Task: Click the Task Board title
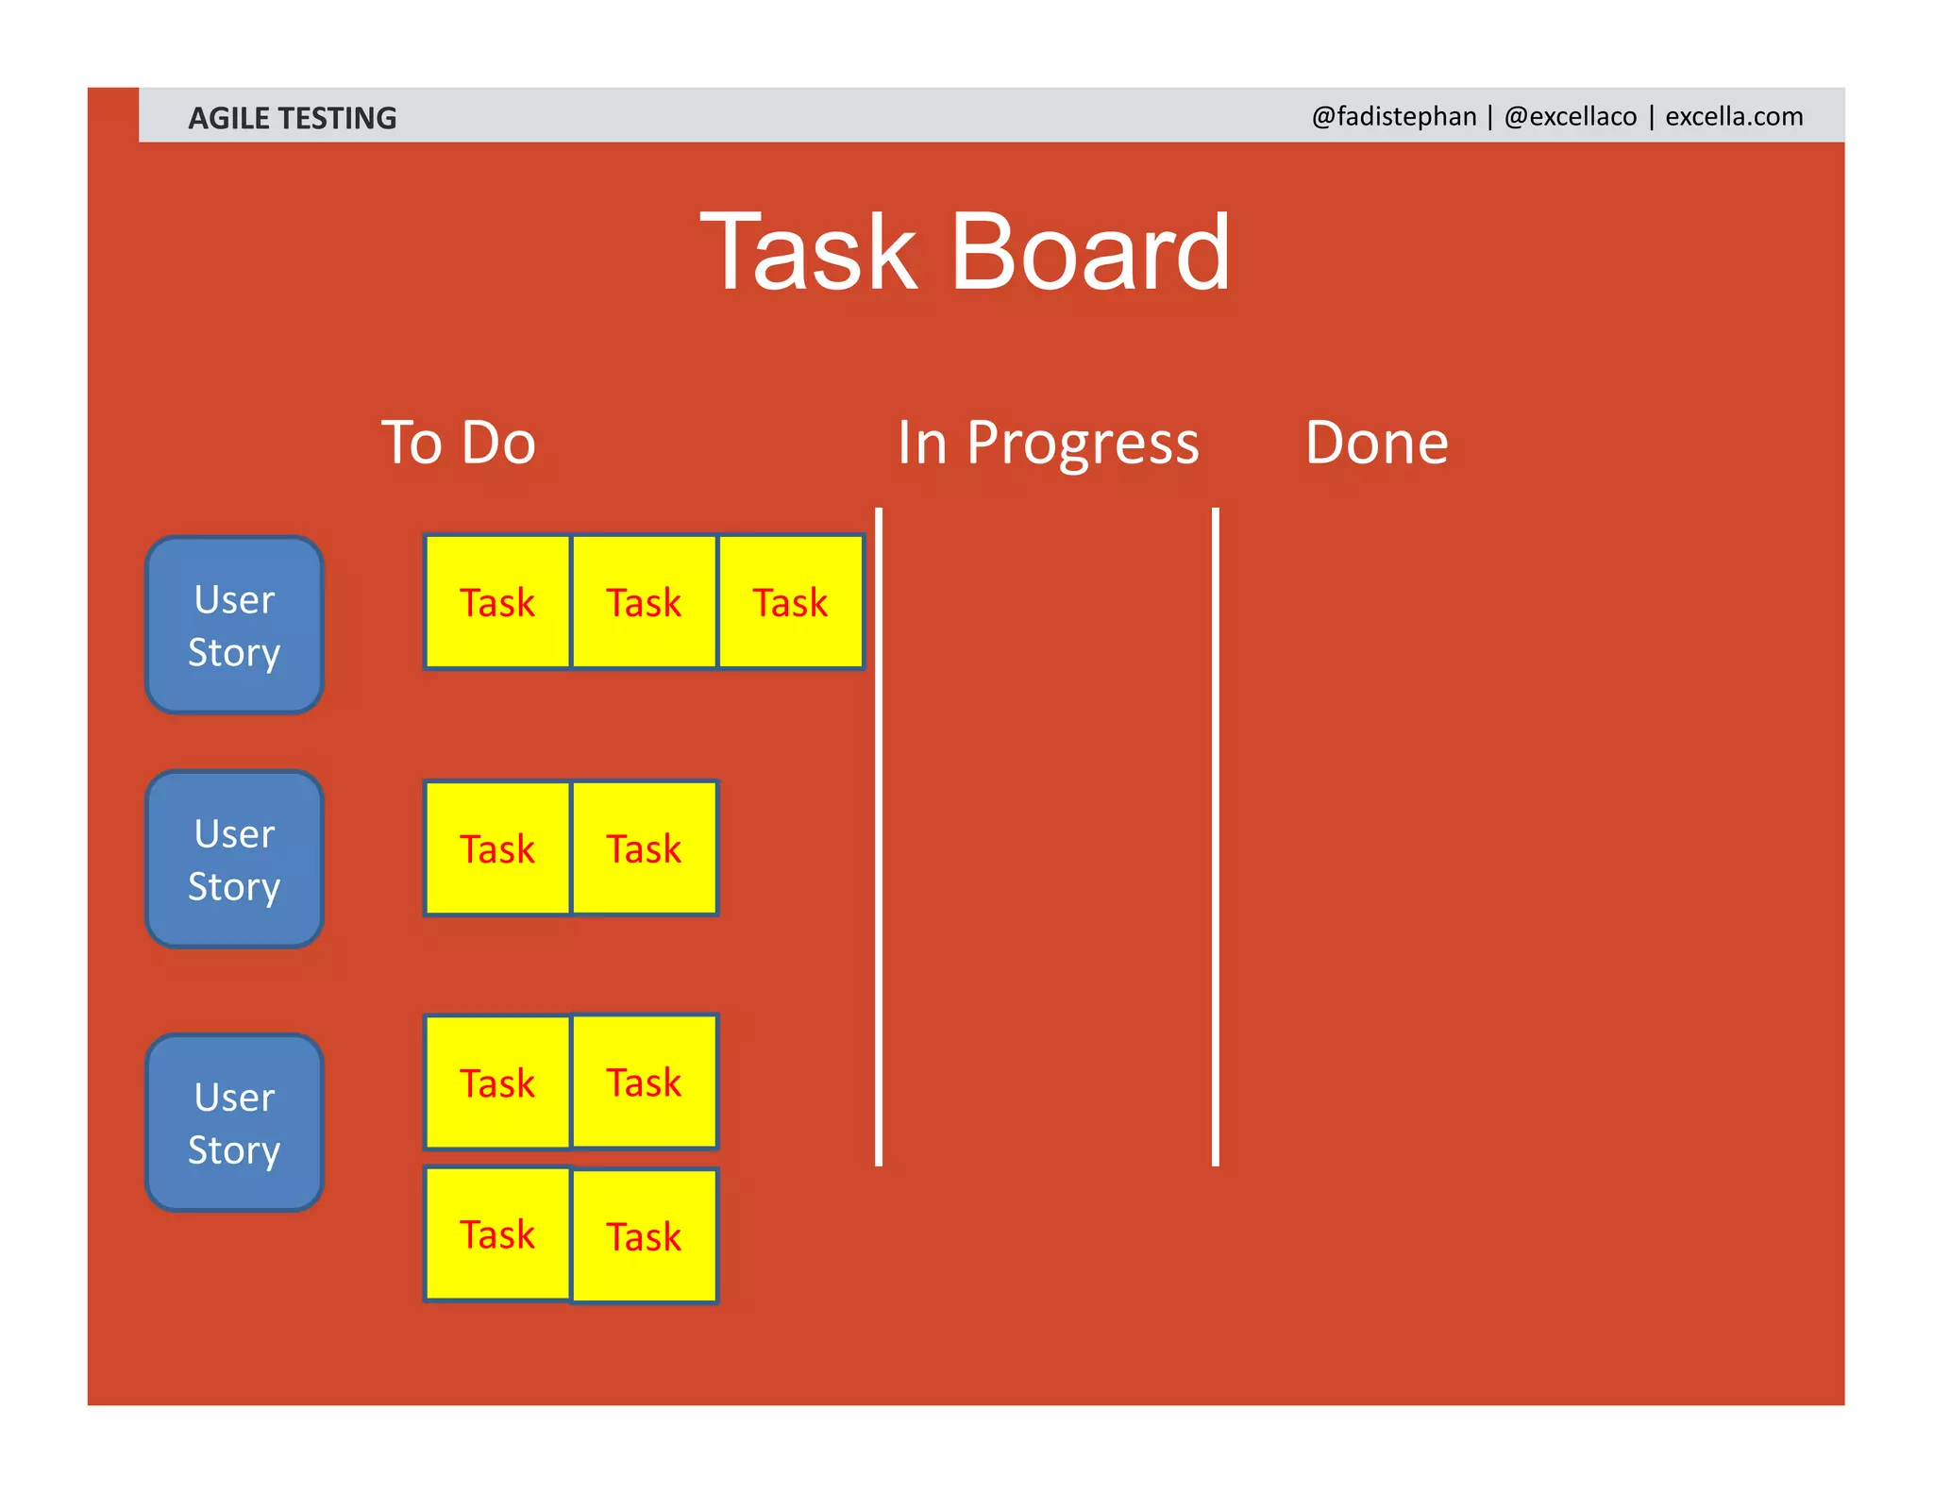(x=965, y=253)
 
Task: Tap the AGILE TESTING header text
(x=292, y=118)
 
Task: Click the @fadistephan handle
(x=1393, y=116)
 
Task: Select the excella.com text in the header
(x=1733, y=116)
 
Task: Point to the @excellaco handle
(x=1570, y=116)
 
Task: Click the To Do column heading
(x=458, y=443)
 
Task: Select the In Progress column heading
(x=1048, y=443)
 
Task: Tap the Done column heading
(x=1376, y=443)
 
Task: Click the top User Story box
(x=234, y=625)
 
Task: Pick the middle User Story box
(x=234, y=859)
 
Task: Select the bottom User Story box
(x=234, y=1122)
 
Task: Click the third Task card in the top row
(x=791, y=602)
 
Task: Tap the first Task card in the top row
(x=497, y=602)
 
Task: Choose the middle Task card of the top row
(x=644, y=602)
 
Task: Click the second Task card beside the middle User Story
(x=644, y=847)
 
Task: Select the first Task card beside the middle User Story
(x=497, y=847)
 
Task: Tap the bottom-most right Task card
(x=644, y=1235)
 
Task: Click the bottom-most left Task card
(x=497, y=1233)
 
